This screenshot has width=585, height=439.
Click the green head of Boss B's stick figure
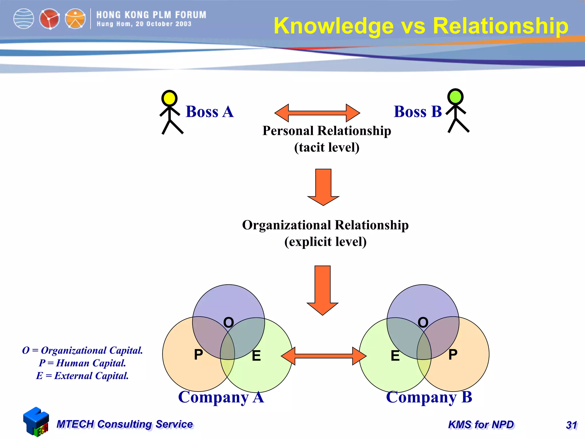pyautogui.click(x=455, y=97)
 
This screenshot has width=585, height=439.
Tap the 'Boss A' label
pyautogui.click(x=210, y=111)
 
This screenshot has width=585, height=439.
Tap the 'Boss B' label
pyautogui.click(x=418, y=111)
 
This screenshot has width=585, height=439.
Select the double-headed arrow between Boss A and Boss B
pyautogui.click(x=317, y=113)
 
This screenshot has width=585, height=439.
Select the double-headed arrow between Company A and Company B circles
pyautogui.click(x=323, y=356)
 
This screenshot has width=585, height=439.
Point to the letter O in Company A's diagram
pyautogui.click(x=229, y=322)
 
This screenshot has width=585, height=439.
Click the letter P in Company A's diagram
pyautogui.click(x=198, y=355)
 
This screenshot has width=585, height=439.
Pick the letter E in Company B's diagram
pyautogui.click(x=395, y=356)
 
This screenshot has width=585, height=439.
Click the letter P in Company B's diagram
pyautogui.click(x=453, y=355)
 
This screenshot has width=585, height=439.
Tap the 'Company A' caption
pyautogui.click(x=221, y=397)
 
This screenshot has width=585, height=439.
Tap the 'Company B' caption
pyautogui.click(x=429, y=397)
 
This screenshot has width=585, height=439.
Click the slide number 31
pyautogui.click(x=571, y=425)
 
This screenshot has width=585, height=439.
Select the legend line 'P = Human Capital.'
pyautogui.click(x=82, y=363)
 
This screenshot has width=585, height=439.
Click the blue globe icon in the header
pyautogui.click(x=24, y=19)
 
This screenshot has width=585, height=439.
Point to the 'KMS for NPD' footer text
pyautogui.click(x=481, y=425)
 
